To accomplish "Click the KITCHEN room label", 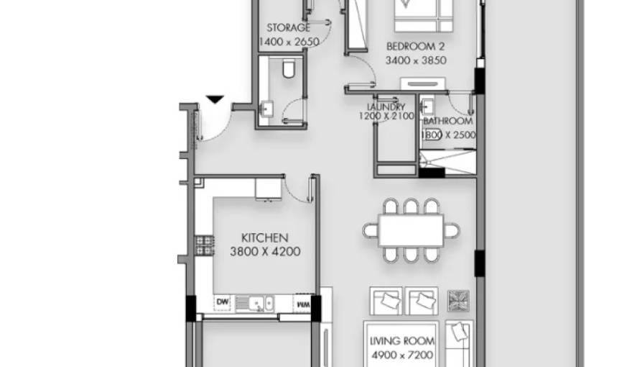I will (x=264, y=237).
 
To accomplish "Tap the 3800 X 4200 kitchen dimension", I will (x=264, y=252).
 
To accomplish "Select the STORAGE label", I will (x=288, y=28).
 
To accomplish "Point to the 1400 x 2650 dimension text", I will (x=288, y=42).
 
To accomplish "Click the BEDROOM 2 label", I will (x=416, y=46).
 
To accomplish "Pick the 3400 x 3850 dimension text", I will (x=416, y=60).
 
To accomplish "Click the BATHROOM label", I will (x=447, y=122).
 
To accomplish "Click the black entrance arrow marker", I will (x=214, y=99).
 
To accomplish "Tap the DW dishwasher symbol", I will (x=223, y=303).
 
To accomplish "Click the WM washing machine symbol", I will (x=303, y=304).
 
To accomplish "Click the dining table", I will (x=410, y=231).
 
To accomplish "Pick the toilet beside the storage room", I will (x=289, y=69).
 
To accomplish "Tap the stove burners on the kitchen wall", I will (x=205, y=245).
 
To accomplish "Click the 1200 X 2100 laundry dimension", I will (x=386, y=116).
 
